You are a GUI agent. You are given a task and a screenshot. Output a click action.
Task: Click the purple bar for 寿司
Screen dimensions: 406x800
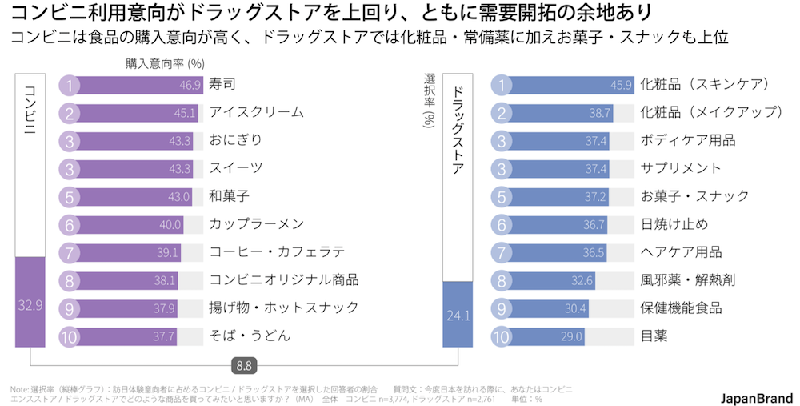click(136, 84)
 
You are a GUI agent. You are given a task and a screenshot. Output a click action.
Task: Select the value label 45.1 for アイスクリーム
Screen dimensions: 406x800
click(185, 112)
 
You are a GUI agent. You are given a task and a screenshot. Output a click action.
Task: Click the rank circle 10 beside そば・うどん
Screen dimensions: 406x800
click(70, 336)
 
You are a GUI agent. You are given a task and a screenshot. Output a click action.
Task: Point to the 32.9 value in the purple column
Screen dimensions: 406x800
click(30, 304)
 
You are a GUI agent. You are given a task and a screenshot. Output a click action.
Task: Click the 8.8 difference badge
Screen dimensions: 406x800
click(244, 365)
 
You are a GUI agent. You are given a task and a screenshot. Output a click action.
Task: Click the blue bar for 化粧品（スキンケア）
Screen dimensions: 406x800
click(568, 84)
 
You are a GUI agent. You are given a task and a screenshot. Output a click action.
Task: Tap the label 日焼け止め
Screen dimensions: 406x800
click(674, 224)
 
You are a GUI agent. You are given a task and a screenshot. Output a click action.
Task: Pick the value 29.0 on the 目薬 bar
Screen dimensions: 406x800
click(571, 336)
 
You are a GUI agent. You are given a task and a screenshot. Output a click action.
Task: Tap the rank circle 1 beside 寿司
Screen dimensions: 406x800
click(70, 84)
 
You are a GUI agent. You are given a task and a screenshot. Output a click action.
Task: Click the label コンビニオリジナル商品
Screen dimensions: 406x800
click(283, 280)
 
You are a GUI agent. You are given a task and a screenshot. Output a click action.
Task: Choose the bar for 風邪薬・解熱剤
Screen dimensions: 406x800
click(552, 280)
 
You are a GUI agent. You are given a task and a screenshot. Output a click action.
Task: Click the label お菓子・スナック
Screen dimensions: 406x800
click(694, 196)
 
